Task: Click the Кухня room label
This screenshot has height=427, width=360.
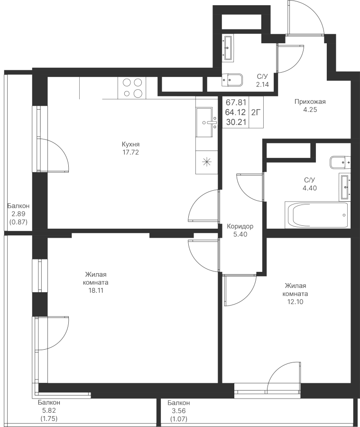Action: (x=130, y=144)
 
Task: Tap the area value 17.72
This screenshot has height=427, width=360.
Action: (x=130, y=152)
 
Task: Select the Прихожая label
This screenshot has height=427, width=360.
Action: (x=310, y=102)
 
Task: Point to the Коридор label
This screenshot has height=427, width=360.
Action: (x=240, y=226)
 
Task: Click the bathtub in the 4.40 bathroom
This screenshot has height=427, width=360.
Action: (x=317, y=214)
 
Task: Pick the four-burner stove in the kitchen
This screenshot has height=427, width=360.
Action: (x=132, y=88)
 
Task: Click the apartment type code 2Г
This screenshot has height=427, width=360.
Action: (x=256, y=112)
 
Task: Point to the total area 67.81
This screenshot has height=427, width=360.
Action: (x=236, y=102)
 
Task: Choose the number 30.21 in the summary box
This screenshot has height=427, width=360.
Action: (x=236, y=122)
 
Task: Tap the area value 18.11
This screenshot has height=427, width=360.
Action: (x=96, y=290)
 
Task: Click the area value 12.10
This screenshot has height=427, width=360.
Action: (x=295, y=302)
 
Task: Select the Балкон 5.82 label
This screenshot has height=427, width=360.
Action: (x=49, y=407)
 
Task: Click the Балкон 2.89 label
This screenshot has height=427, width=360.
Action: (x=18, y=210)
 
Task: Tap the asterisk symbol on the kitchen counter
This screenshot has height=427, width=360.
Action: (x=207, y=162)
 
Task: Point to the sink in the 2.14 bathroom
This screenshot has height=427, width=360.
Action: (x=228, y=47)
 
